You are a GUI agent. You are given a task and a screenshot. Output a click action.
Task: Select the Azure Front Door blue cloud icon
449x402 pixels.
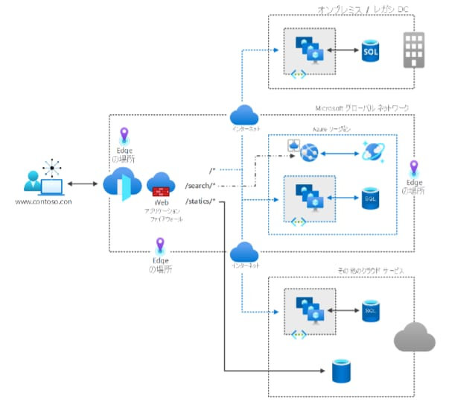pos(121,183)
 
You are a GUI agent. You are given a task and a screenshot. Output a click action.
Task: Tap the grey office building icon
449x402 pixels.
pos(413,50)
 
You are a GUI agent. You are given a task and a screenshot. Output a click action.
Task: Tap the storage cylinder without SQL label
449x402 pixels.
pos(342,368)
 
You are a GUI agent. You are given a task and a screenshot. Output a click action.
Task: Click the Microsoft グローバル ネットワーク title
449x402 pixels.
pos(362,108)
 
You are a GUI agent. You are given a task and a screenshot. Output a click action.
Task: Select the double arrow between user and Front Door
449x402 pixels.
pos(82,183)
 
